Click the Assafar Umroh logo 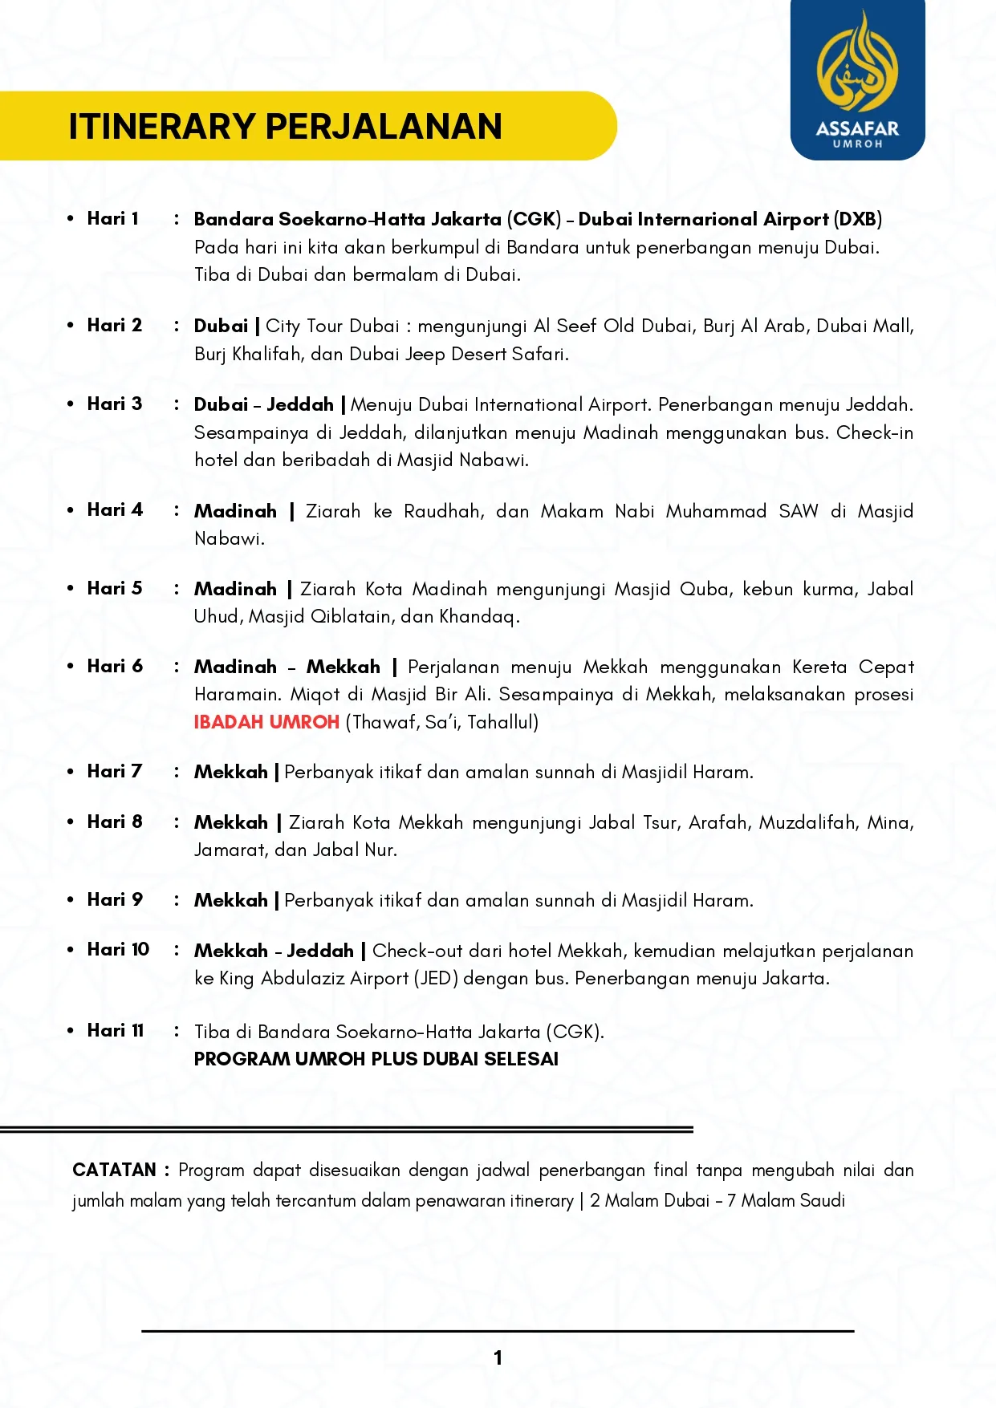point(857,80)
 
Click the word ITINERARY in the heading point(161,127)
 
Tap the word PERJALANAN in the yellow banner point(384,127)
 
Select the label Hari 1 point(112,218)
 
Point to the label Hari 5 point(114,588)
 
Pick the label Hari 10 point(118,949)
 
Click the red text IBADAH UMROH point(266,722)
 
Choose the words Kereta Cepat point(852,667)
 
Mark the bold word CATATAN point(114,1170)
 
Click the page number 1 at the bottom point(498,1357)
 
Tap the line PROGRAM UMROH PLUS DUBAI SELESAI point(376,1059)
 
